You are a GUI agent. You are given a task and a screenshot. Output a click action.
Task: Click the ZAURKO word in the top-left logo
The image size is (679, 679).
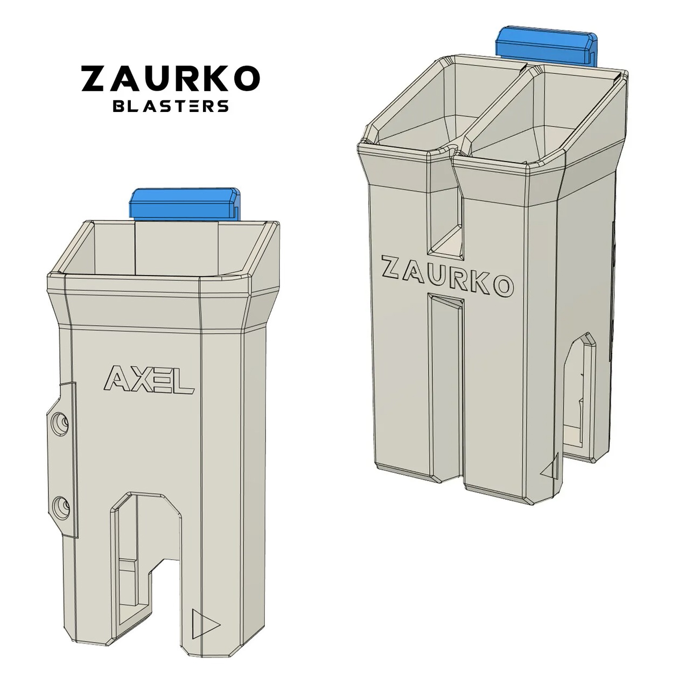click(x=170, y=79)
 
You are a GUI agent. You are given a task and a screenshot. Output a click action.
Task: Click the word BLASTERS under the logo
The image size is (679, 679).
click(x=170, y=106)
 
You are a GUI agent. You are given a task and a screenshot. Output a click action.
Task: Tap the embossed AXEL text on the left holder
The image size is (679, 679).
click(x=148, y=381)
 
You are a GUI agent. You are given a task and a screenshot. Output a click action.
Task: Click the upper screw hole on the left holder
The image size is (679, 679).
click(x=59, y=424)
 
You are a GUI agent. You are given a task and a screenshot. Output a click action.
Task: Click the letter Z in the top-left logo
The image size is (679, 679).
click(x=95, y=79)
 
